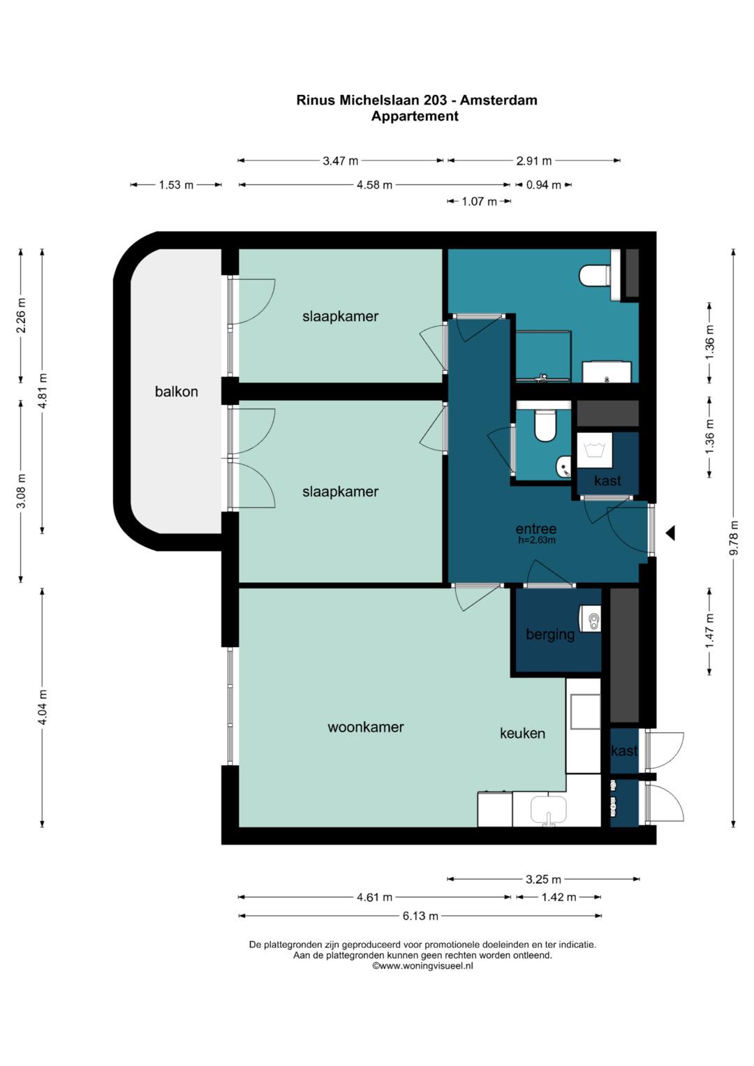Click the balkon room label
pyautogui.click(x=176, y=392)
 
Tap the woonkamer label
pyautogui.click(x=366, y=727)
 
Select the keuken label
pyautogui.click(x=522, y=733)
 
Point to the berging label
pyautogui.click(x=550, y=635)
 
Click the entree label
pyautogui.click(x=536, y=528)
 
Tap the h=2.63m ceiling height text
pyautogui.click(x=537, y=540)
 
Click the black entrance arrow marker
pyautogui.click(x=671, y=533)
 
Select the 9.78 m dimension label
pyautogui.click(x=734, y=538)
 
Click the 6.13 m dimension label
pyautogui.click(x=420, y=915)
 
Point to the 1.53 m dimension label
pyautogui.click(x=176, y=184)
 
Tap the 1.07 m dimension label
pyautogui.click(x=479, y=201)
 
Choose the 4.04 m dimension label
pyautogui.click(x=43, y=707)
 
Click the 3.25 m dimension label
pyautogui.click(x=543, y=879)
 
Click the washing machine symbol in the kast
pyautogui.click(x=595, y=450)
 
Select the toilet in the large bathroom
pyautogui.click(x=595, y=276)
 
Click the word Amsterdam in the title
pyautogui.click(x=498, y=100)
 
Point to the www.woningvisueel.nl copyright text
pyautogui.click(x=422, y=966)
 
